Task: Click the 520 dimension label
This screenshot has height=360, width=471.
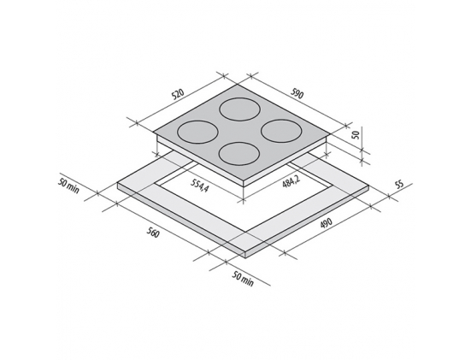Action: pos(177,94)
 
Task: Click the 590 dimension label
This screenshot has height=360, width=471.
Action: pos(297,94)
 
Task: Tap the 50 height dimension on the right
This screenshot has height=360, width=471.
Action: pos(356,134)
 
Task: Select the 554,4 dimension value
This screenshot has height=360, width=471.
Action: pos(199,185)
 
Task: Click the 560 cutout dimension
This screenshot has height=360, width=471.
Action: pos(153,233)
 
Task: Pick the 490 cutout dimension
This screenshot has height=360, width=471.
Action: pos(326,223)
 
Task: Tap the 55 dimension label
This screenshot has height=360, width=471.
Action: pos(399,185)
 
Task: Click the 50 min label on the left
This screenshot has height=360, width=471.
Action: pos(68,186)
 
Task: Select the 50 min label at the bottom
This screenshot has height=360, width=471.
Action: pos(243,279)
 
